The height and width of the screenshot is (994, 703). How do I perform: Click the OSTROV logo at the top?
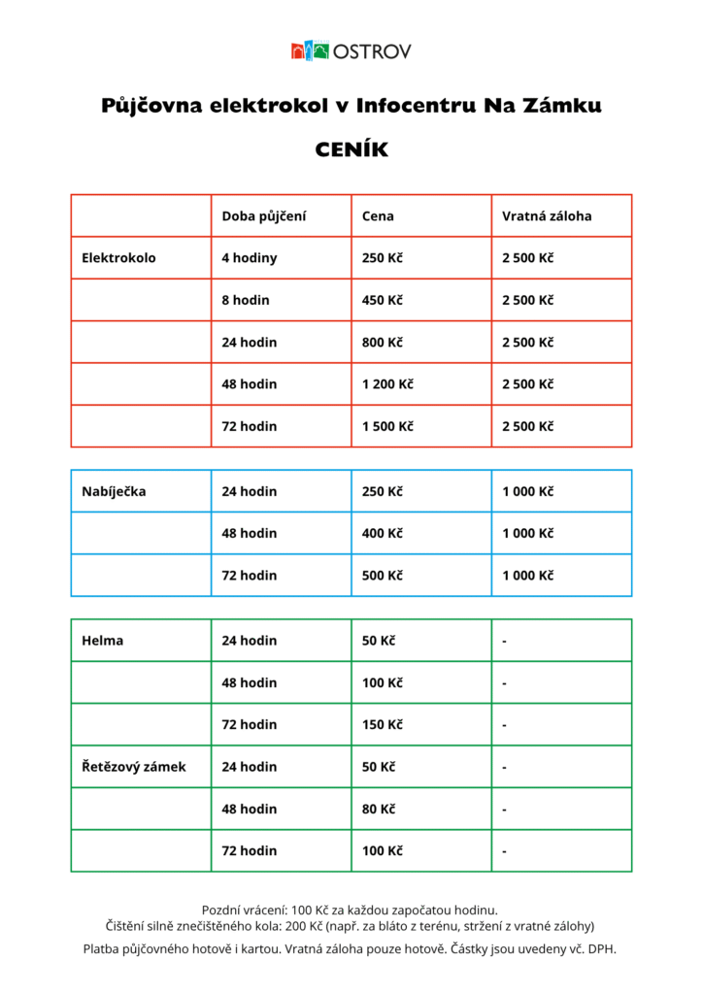pos(351,50)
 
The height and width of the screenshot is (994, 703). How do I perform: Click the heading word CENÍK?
pos(351,150)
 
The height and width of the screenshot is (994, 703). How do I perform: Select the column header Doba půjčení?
pos(263,216)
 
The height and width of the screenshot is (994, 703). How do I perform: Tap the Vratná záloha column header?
pos(546,216)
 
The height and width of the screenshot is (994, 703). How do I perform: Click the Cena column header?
pos(378,216)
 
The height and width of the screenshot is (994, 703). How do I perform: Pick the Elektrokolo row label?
pos(118,258)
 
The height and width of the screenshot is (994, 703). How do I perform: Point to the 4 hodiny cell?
pos(249,258)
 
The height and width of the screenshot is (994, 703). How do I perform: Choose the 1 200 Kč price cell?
pos(386,384)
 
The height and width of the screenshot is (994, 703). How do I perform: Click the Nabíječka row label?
pos(114,491)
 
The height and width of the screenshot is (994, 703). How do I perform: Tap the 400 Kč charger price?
pos(382,533)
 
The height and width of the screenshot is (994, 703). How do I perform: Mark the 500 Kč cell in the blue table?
pos(382,575)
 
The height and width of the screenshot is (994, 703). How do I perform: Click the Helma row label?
pos(103,641)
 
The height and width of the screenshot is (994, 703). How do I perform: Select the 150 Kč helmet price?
pos(382,724)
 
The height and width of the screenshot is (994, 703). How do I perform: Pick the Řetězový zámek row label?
pos(134,767)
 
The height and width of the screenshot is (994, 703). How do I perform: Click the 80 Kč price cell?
pos(378,809)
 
